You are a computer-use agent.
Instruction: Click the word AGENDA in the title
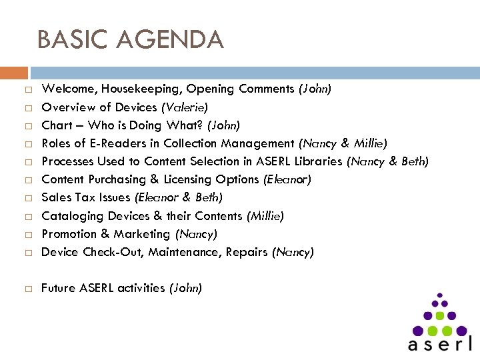point(169,40)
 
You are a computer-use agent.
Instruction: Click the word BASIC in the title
point(72,40)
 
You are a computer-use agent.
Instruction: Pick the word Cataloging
point(69,216)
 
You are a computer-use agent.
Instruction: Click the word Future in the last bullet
point(58,288)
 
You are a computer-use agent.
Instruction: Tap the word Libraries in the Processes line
point(317,161)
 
